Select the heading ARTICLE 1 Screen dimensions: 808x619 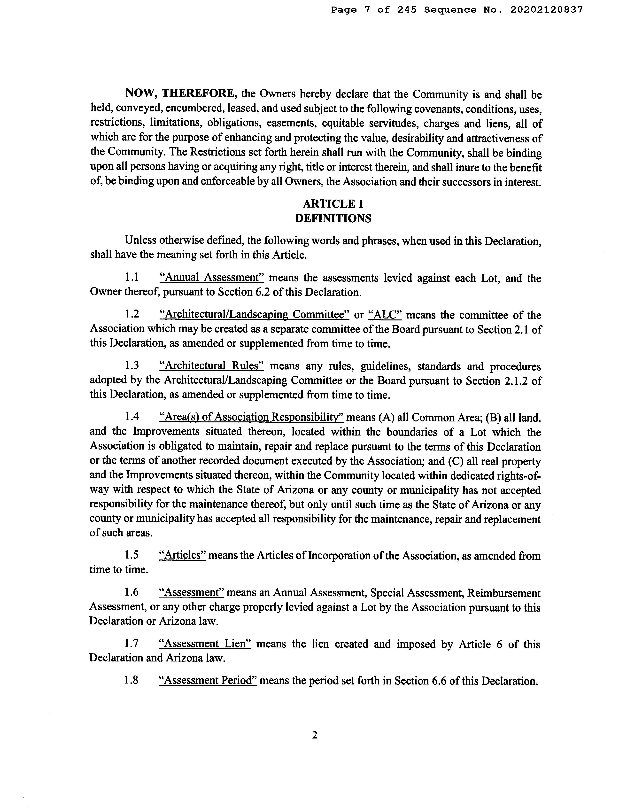point(333,204)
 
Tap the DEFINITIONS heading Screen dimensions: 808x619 point(333,218)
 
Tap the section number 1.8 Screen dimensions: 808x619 point(132,681)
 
